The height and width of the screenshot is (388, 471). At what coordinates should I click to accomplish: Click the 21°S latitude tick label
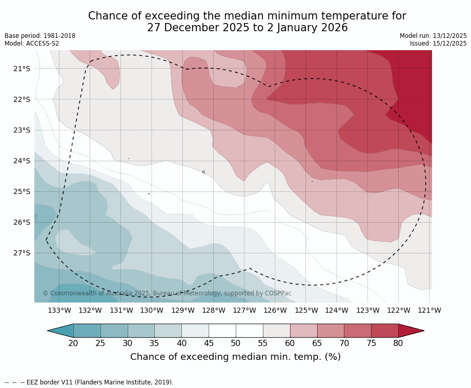pyautogui.click(x=22, y=69)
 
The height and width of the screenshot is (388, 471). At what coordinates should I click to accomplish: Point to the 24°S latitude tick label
pyautogui.click(x=22, y=161)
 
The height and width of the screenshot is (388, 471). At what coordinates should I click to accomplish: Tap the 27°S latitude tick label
pyautogui.click(x=22, y=253)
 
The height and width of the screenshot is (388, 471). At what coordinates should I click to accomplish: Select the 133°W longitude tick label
pyautogui.click(x=59, y=310)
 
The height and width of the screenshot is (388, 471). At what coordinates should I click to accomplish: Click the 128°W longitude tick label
pyautogui.click(x=214, y=310)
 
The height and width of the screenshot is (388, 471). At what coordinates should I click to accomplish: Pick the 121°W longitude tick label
pyautogui.click(x=429, y=310)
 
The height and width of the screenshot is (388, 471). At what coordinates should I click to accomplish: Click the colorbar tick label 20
pyautogui.click(x=73, y=343)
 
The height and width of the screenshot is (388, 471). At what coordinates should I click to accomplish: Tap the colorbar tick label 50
pyautogui.click(x=236, y=343)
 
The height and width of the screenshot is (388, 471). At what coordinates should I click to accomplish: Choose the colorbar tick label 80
pyautogui.click(x=398, y=343)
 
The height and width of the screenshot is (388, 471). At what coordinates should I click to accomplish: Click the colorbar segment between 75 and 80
pyautogui.click(x=385, y=331)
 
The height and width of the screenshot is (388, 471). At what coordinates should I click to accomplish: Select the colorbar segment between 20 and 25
pyautogui.click(x=87, y=331)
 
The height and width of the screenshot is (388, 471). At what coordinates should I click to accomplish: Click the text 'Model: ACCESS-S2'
pyautogui.click(x=32, y=44)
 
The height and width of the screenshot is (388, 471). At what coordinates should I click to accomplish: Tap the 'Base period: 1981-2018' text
pyautogui.click(x=40, y=36)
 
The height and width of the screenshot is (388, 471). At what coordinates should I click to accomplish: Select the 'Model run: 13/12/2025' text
pyautogui.click(x=433, y=36)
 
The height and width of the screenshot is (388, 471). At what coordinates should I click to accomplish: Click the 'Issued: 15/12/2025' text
pyautogui.click(x=438, y=44)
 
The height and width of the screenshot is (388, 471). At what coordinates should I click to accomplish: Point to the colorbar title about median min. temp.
pyautogui.click(x=235, y=357)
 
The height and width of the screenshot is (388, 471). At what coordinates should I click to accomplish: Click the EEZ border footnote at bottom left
pyautogui.click(x=89, y=382)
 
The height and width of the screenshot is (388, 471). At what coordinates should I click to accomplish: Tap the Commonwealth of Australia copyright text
pyautogui.click(x=167, y=293)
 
